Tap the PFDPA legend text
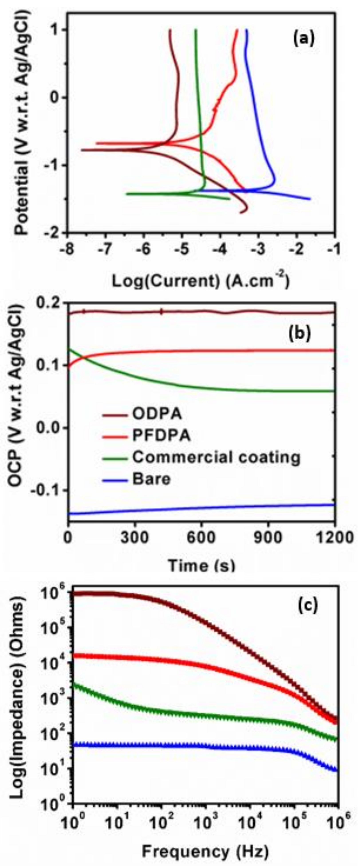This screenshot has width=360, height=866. click(x=161, y=436)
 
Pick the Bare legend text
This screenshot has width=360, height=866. click(x=151, y=479)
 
